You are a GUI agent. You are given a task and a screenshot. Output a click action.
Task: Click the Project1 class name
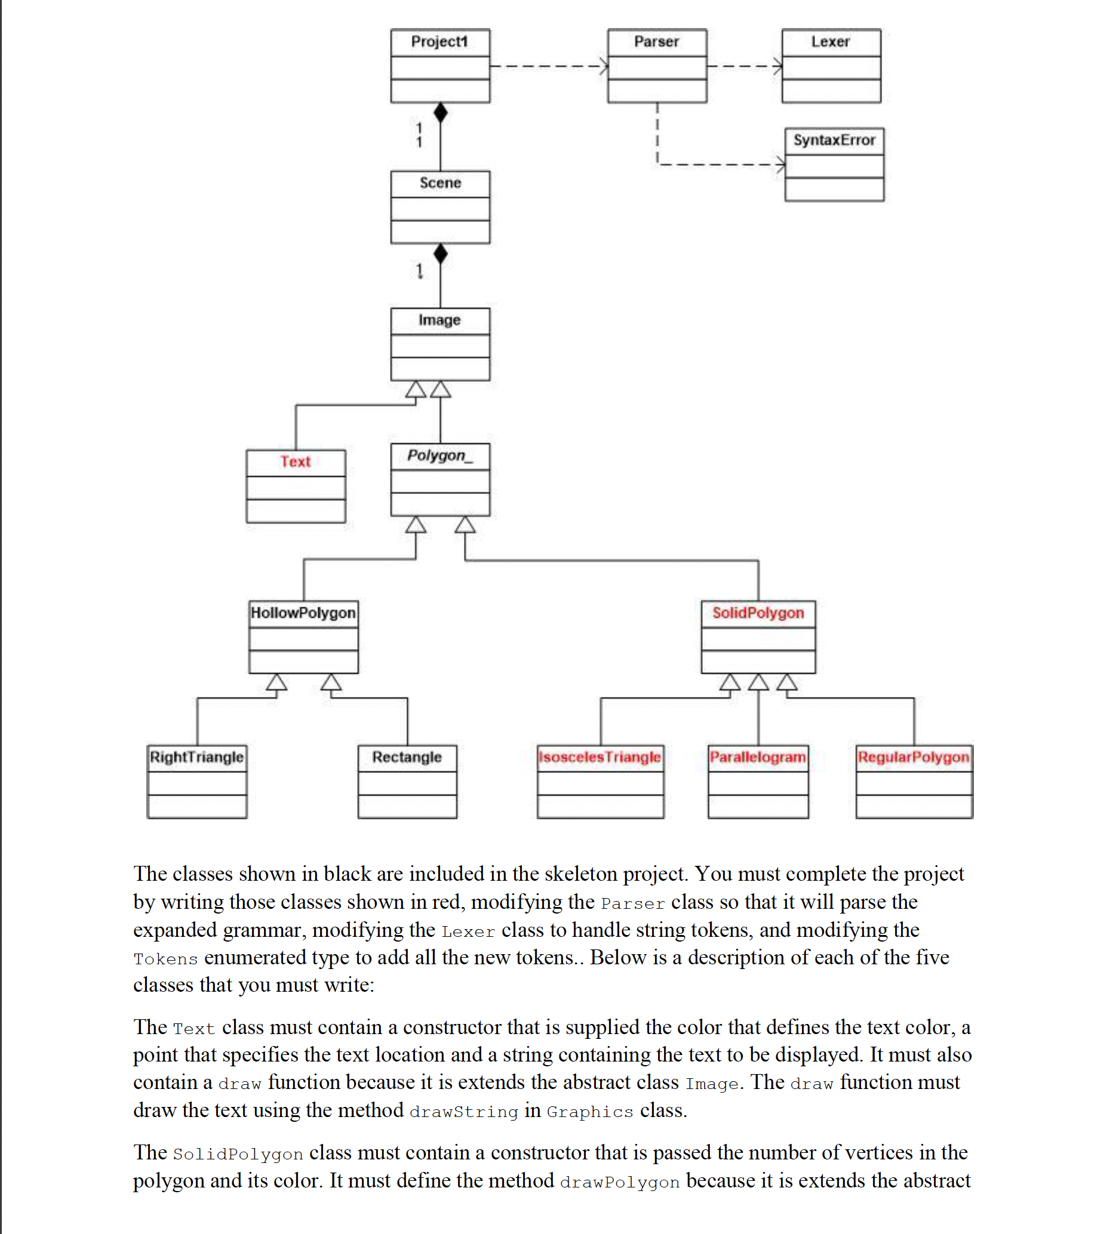click(439, 42)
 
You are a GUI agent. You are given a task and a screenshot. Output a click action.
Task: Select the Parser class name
click(656, 42)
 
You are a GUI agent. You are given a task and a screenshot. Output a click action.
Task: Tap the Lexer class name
click(830, 42)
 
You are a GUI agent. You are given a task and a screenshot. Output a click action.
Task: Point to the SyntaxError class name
click(834, 140)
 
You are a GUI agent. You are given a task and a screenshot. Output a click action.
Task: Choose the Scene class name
click(440, 183)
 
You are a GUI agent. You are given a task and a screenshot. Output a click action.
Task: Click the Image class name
click(439, 319)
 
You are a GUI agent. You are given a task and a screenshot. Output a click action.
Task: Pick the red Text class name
click(295, 461)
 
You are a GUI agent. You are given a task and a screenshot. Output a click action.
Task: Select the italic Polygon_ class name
click(439, 455)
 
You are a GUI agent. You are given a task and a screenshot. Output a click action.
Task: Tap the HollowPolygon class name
click(303, 613)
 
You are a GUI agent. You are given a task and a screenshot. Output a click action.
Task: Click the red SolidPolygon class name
click(758, 613)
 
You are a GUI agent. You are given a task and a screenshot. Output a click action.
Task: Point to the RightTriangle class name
click(196, 757)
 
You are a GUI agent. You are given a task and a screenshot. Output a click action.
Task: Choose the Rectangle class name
click(407, 757)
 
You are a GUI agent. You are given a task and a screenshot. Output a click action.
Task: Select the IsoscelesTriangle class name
click(599, 757)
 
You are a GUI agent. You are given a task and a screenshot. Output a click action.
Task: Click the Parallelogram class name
click(758, 757)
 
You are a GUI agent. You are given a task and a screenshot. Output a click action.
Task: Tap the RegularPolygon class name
click(913, 757)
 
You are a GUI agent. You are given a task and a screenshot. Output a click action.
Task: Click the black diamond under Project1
click(441, 113)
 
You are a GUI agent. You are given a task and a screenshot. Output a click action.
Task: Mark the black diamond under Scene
click(441, 254)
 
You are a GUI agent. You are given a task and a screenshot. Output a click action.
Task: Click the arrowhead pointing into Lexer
click(778, 66)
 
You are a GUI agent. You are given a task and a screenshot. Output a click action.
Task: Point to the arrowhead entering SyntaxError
click(781, 164)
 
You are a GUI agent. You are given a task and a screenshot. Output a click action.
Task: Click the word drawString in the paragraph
click(464, 1112)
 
